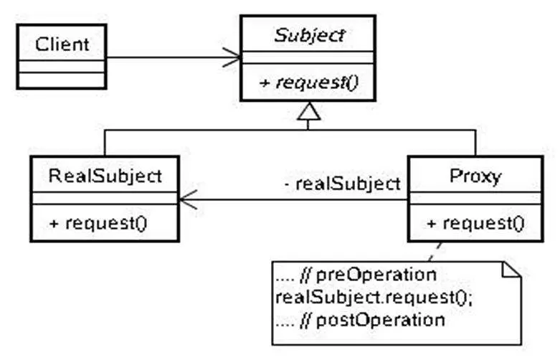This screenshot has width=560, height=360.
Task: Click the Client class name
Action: (62, 44)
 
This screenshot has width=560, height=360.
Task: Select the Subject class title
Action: (309, 35)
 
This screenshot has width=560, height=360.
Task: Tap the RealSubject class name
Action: (105, 176)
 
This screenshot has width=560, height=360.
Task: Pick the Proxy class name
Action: (475, 176)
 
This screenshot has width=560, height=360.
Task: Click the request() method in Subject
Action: (308, 82)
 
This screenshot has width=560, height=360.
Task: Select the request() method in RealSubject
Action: (98, 224)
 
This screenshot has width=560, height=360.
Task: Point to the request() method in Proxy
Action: (475, 224)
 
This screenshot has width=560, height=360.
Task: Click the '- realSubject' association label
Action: (343, 184)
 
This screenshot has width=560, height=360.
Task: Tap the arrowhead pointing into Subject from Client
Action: (232, 57)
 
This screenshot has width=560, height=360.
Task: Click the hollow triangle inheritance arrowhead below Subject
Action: (308, 111)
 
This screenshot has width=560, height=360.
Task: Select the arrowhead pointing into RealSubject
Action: (188, 199)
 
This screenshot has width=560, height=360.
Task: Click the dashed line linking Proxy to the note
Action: (435, 252)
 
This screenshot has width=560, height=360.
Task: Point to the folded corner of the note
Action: (511, 270)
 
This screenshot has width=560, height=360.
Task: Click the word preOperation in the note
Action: (376, 275)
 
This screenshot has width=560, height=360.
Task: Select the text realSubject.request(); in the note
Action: (374, 298)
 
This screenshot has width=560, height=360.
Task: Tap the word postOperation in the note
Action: (380, 320)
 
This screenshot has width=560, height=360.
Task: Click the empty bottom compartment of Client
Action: (62, 80)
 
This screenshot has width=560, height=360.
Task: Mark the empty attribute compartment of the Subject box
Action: (308, 57)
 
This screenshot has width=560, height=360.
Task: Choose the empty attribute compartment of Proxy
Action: (475, 198)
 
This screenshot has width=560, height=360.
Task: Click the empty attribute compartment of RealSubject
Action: (105, 198)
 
